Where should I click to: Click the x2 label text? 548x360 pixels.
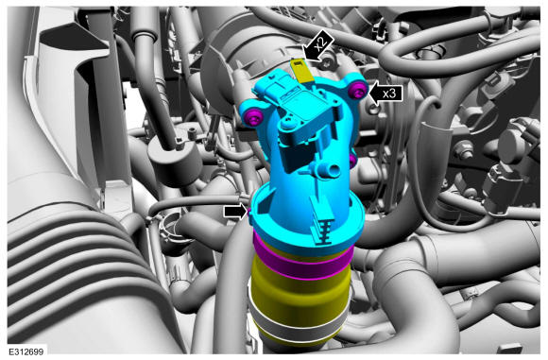click(320, 43)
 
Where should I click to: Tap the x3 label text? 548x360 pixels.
click(389, 94)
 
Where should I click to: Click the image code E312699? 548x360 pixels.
click(26, 351)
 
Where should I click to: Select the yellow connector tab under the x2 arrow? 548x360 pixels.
click(300, 70)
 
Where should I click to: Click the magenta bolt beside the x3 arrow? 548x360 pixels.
click(357, 89)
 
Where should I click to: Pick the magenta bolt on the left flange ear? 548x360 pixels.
click(252, 117)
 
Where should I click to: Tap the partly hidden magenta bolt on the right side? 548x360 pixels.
click(352, 161)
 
